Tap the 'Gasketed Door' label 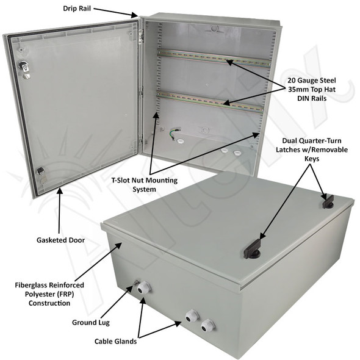point(59,240)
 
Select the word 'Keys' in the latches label point(313,158)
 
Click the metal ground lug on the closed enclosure point(135,283)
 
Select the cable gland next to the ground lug point(144,287)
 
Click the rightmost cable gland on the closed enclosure point(208,325)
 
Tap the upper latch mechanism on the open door point(24,69)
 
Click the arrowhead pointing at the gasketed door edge point(60,191)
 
